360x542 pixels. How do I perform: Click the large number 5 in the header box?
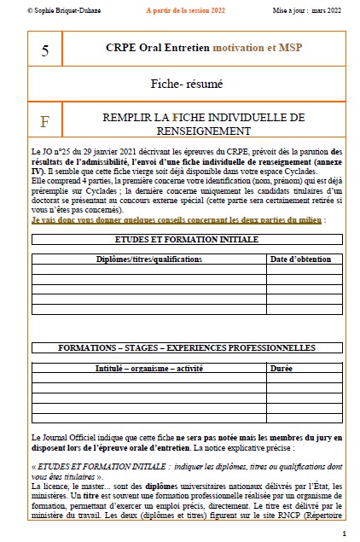click(45, 51)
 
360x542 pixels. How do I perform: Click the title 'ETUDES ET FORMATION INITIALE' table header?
click(186, 240)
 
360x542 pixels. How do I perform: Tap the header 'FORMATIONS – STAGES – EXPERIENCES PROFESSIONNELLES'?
click(186, 348)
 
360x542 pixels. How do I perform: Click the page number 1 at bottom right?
click(342, 533)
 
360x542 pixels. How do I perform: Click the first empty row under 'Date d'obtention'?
click(304, 269)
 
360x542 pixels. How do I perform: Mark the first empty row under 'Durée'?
click(304, 377)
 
